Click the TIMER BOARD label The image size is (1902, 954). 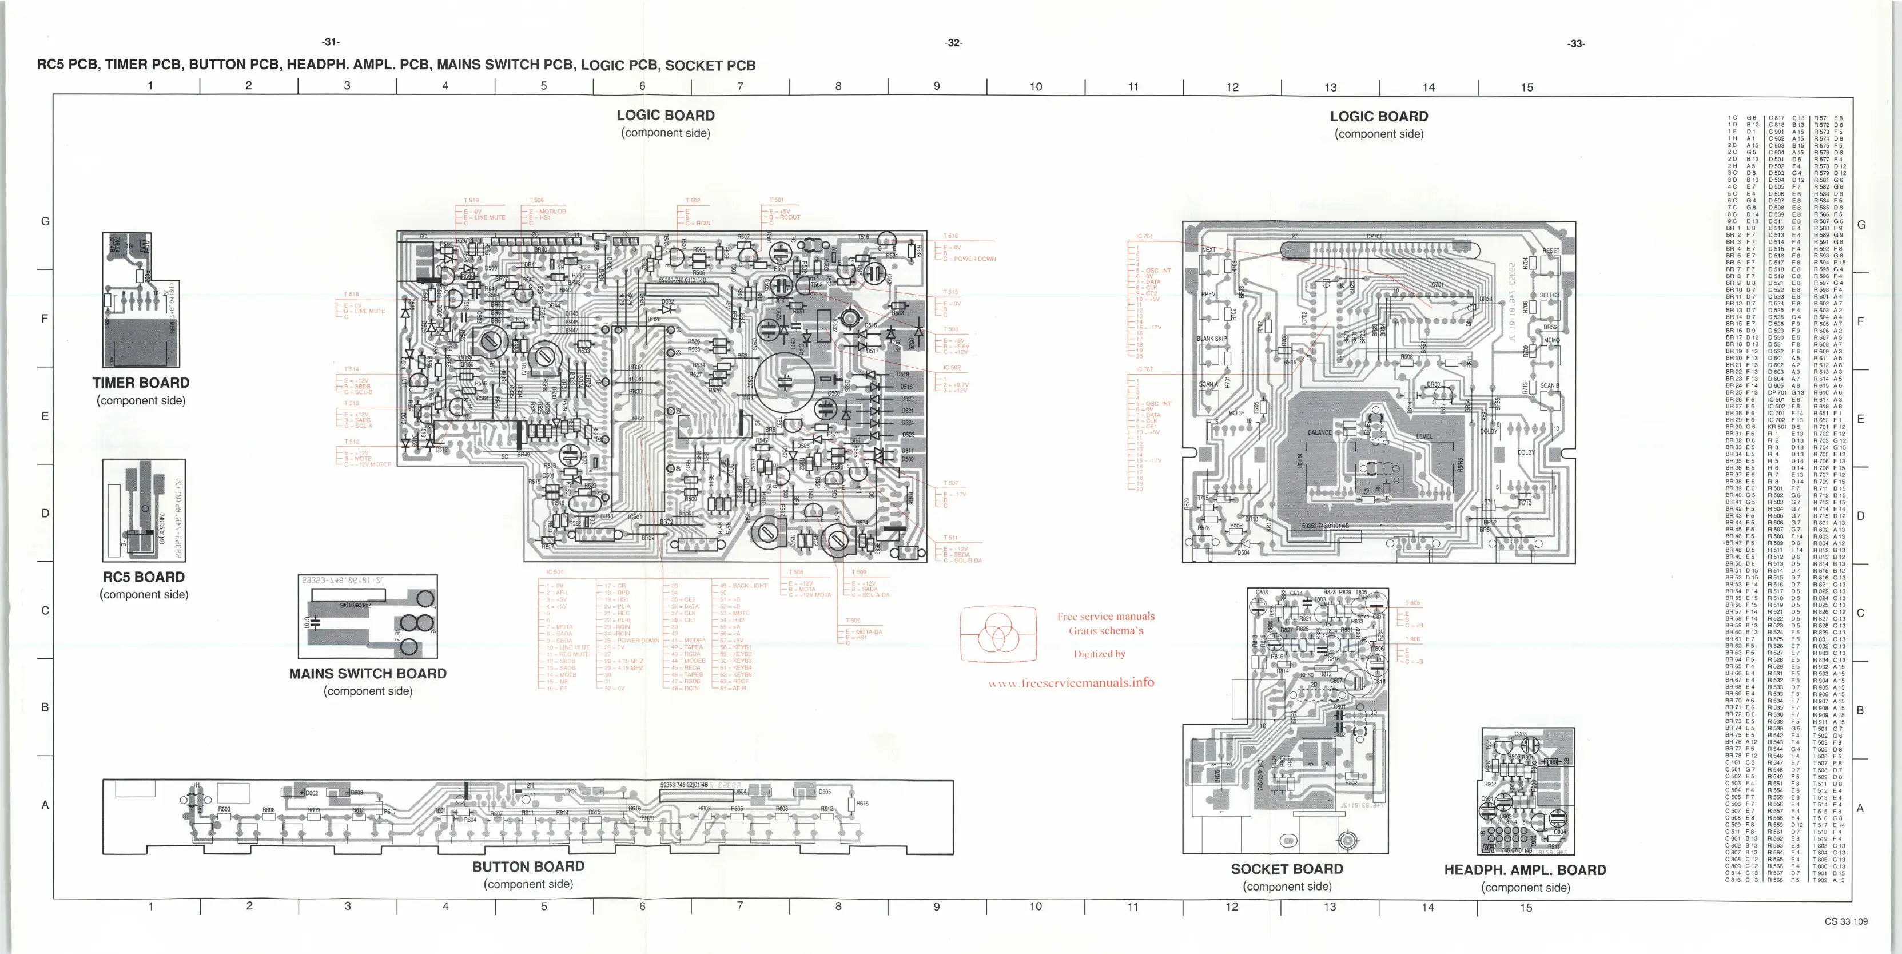click(141, 383)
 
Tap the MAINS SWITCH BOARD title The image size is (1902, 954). click(368, 673)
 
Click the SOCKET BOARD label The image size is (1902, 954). click(1287, 869)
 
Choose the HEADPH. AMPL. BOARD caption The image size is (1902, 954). click(1526, 870)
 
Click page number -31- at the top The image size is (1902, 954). click(331, 42)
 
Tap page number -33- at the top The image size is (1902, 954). click(1575, 43)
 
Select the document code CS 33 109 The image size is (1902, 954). click(1846, 921)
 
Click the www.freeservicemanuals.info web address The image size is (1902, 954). click(1071, 683)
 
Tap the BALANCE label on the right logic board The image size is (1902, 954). click(1319, 433)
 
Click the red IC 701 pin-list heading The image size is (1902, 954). click(1144, 236)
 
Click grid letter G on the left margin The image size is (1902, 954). click(45, 221)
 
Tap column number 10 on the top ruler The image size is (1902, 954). click(1036, 87)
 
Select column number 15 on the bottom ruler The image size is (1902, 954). click(1526, 908)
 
